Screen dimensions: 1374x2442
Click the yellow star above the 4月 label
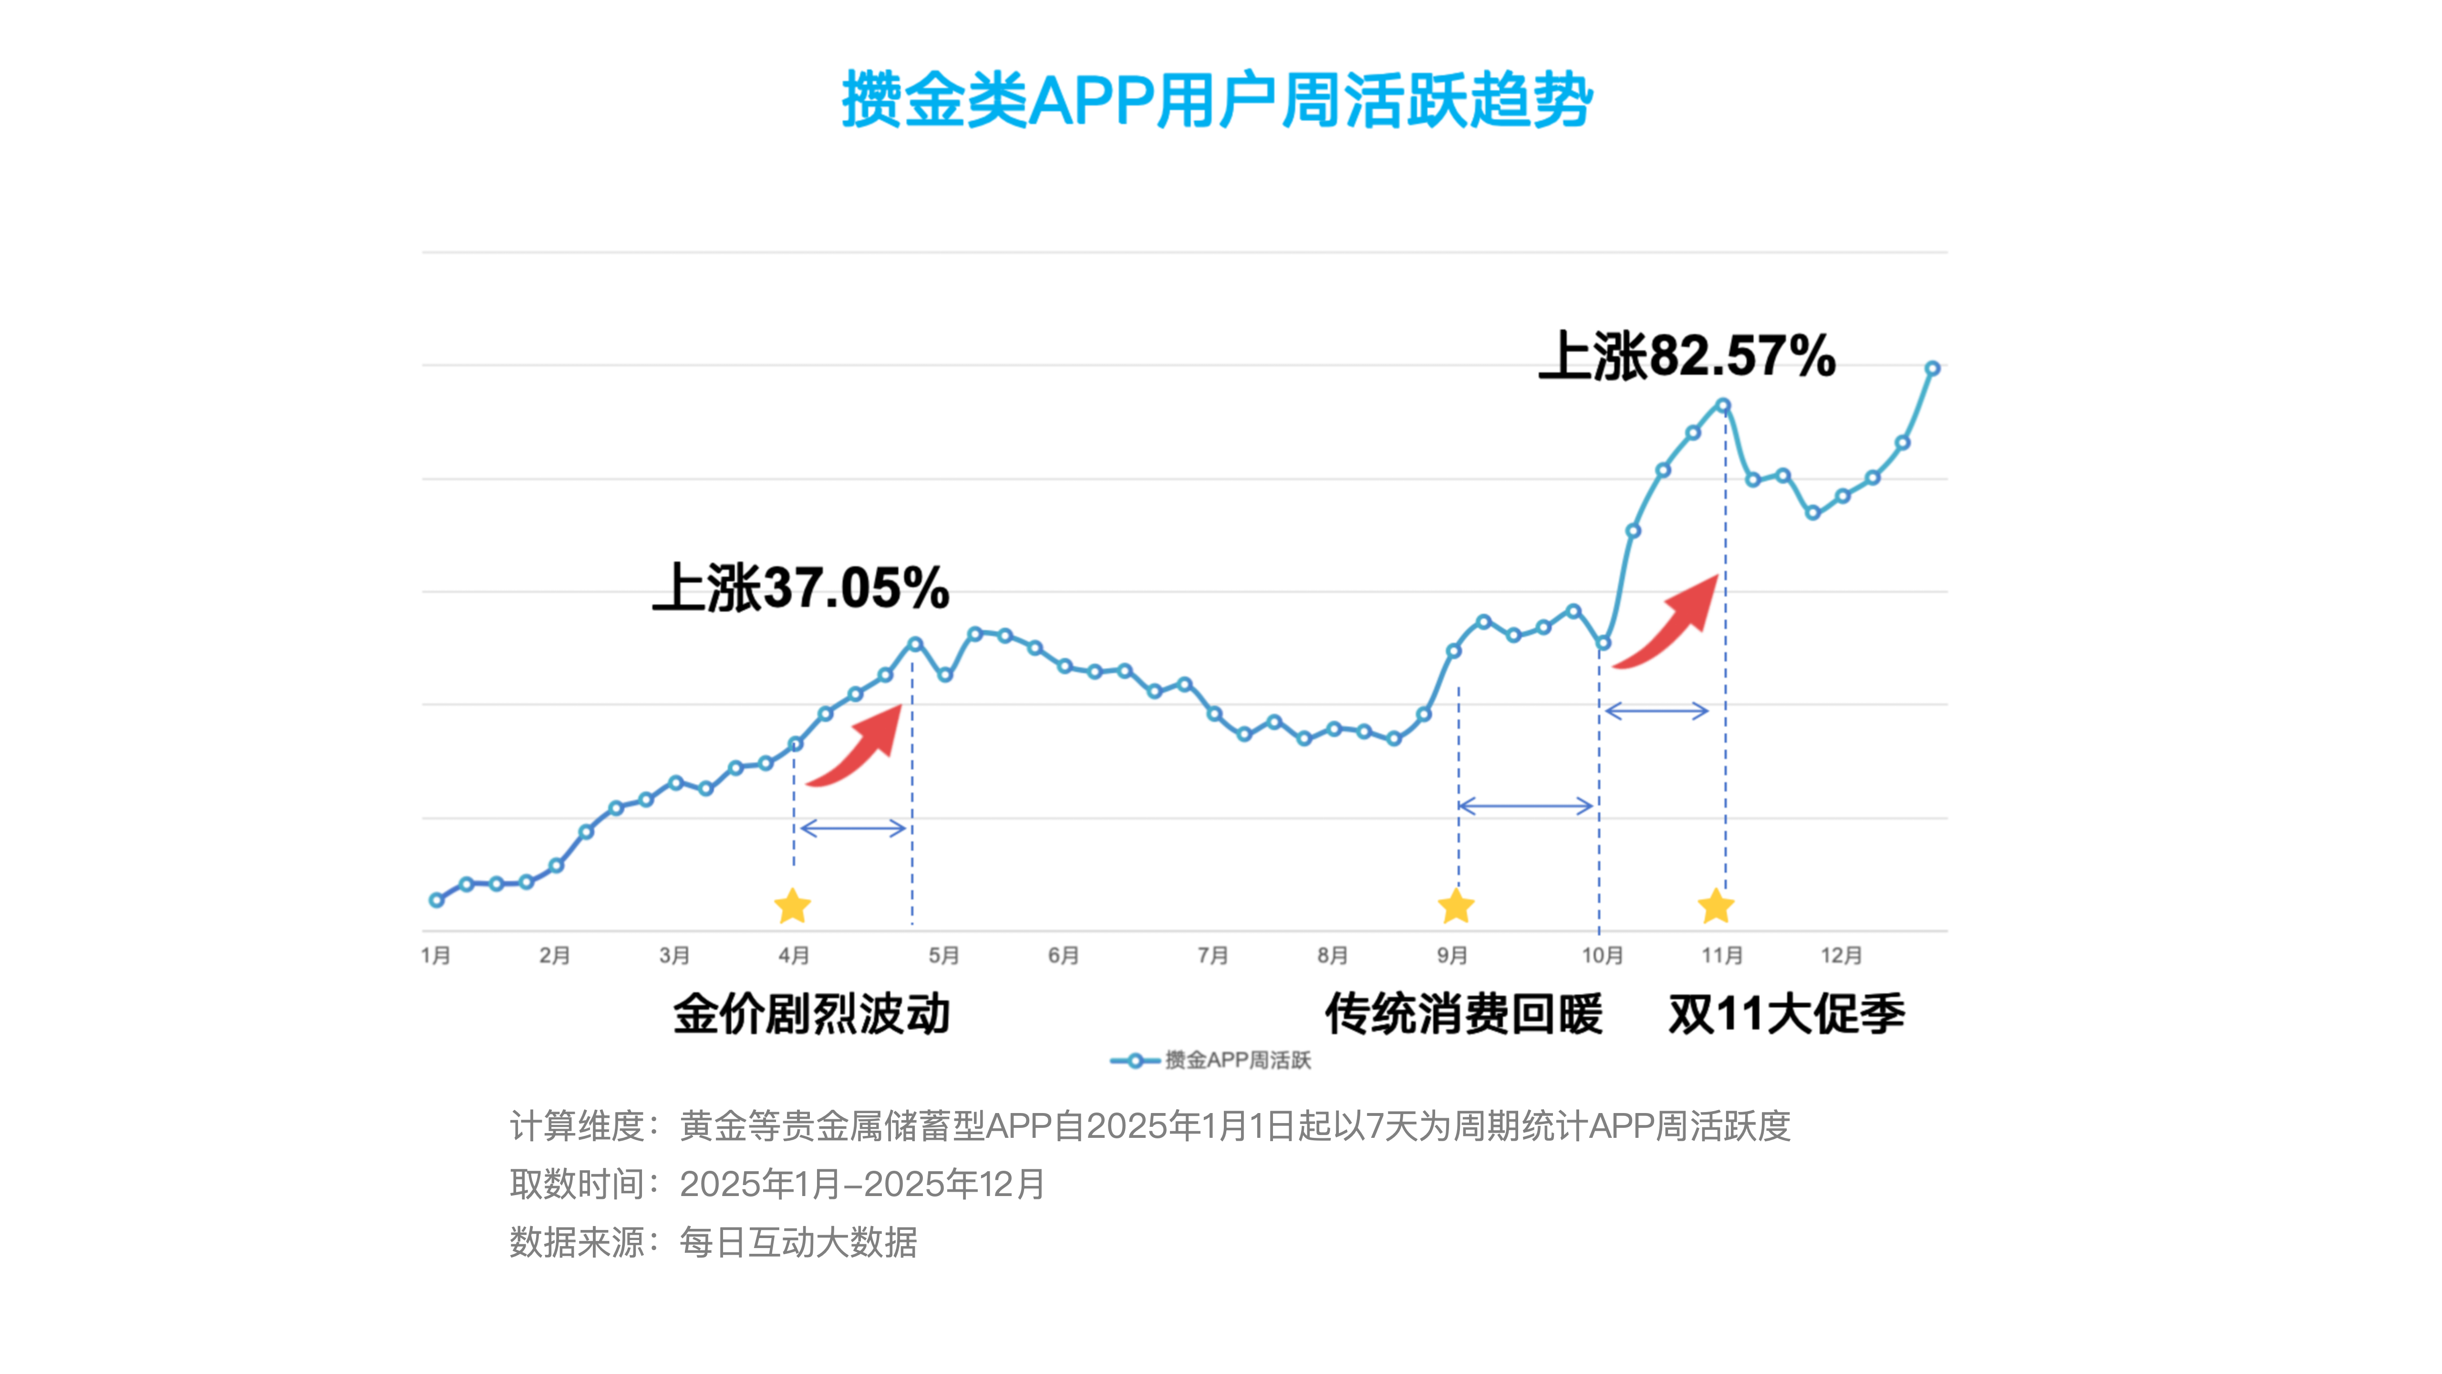(x=793, y=906)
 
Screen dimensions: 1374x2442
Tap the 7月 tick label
(x=1212, y=955)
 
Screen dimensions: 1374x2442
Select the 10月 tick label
(x=1602, y=955)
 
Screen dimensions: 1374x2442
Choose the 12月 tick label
(x=1841, y=955)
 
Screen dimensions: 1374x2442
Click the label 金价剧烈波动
(x=811, y=1014)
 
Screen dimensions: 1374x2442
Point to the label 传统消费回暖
(x=1464, y=1014)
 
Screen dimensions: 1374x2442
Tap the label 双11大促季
(x=1786, y=1014)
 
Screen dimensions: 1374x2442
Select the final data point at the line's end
(x=1932, y=368)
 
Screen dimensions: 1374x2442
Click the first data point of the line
(x=436, y=900)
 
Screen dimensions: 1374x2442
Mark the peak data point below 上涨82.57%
(x=1723, y=406)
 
